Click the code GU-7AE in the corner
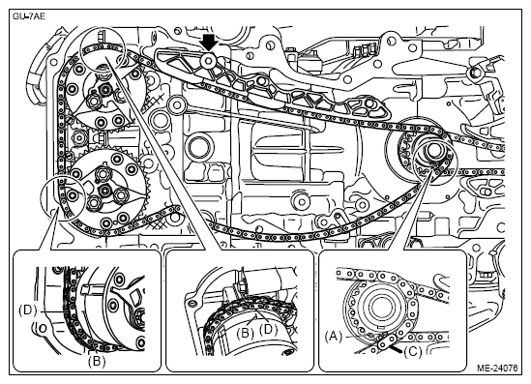coord(29,16)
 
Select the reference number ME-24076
coord(497,368)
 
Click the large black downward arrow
coord(209,42)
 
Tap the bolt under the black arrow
coord(208,61)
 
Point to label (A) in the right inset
coord(334,337)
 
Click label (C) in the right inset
coord(413,352)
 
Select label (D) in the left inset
coord(28,310)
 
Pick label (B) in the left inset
coord(97,362)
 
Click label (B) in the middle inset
coord(245,334)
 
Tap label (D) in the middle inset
coord(268,329)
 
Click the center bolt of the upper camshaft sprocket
coord(105,90)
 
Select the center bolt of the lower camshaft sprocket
coord(104,190)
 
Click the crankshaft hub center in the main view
coord(434,149)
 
